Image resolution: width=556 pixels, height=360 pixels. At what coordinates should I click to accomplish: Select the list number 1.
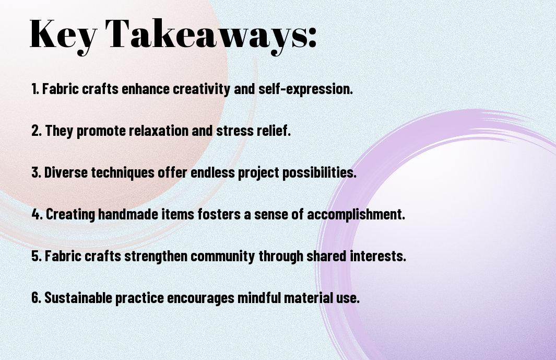point(35,89)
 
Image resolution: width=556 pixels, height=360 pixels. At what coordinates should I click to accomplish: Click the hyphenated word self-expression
point(305,89)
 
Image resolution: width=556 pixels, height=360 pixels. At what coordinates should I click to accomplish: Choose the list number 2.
point(36,131)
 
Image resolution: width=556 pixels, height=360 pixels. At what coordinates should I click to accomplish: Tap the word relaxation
point(158,130)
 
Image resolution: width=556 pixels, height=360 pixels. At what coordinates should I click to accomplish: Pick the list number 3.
point(36,172)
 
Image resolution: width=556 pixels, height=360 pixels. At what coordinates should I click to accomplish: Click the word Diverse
point(66,172)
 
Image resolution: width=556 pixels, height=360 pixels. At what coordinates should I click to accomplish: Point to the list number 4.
point(37,214)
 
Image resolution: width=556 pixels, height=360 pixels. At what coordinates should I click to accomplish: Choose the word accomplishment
point(356,215)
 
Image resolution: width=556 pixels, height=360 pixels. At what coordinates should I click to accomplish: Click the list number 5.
point(37,256)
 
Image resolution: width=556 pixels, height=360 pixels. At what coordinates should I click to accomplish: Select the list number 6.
point(37,298)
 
